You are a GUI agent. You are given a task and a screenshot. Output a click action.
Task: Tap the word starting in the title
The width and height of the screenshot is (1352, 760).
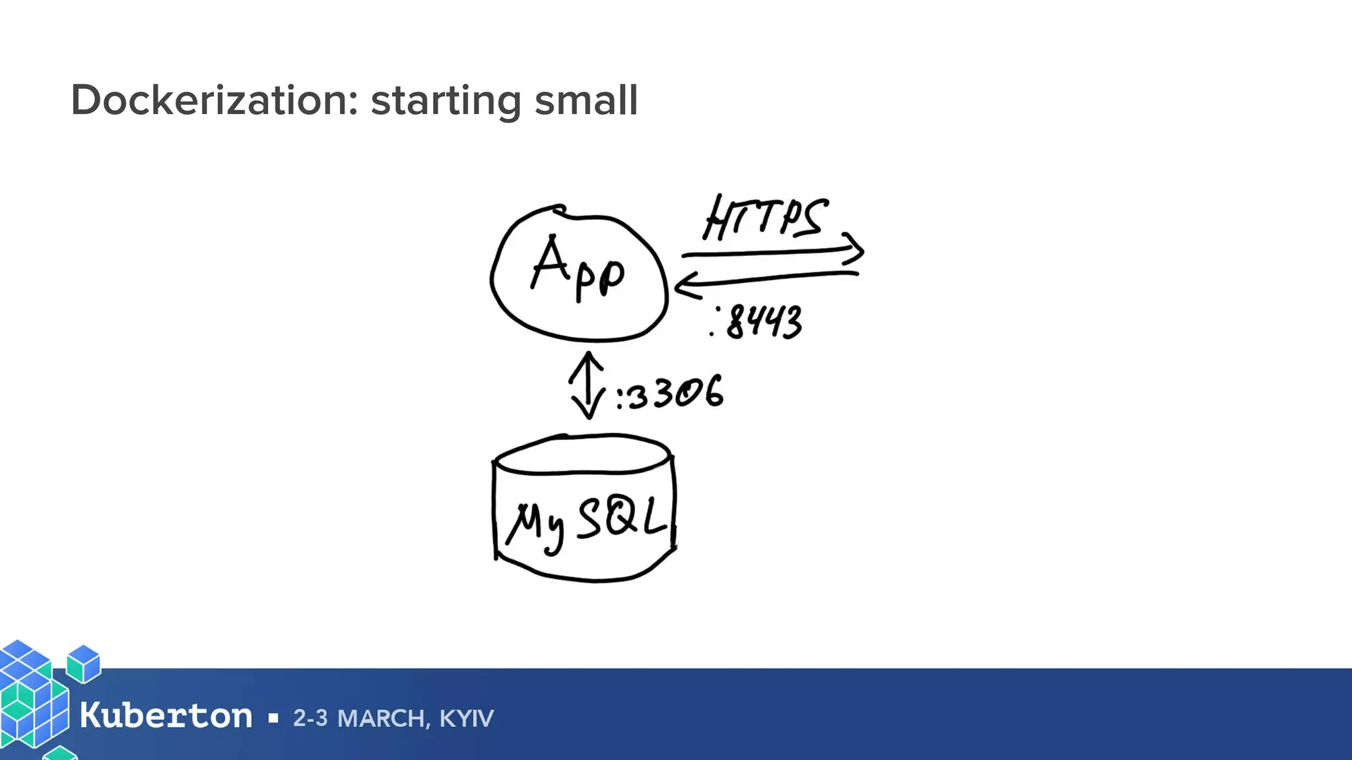pyautogui.click(x=446, y=102)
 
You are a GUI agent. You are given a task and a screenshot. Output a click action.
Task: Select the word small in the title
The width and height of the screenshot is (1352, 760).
pyautogui.click(x=586, y=100)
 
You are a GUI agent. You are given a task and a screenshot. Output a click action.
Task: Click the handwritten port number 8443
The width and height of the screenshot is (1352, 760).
pyautogui.click(x=763, y=323)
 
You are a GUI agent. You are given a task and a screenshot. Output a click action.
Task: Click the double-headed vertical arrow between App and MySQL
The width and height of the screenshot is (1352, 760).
pyautogui.click(x=587, y=385)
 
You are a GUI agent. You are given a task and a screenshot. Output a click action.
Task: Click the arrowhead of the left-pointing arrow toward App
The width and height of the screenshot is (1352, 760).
pyautogui.click(x=683, y=287)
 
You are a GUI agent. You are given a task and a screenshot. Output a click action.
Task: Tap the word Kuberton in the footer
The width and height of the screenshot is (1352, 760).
pyautogui.click(x=166, y=716)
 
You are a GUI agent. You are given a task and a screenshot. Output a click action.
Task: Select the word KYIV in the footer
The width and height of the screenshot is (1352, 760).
pyautogui.click(x=467, y=718)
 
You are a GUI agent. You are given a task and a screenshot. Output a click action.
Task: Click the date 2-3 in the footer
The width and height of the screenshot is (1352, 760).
pyautogui.click(x=310, y=718)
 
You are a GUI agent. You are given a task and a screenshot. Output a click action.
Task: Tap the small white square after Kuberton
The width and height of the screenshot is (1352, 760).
pyautogui.click(x=273, y=718)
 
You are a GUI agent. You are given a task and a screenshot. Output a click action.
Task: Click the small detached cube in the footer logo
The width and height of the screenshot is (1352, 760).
pyautogui.click(x=84, y=663)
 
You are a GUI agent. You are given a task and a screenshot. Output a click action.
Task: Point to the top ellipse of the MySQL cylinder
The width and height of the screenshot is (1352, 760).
pyautogui.click(x=584, y=454)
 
